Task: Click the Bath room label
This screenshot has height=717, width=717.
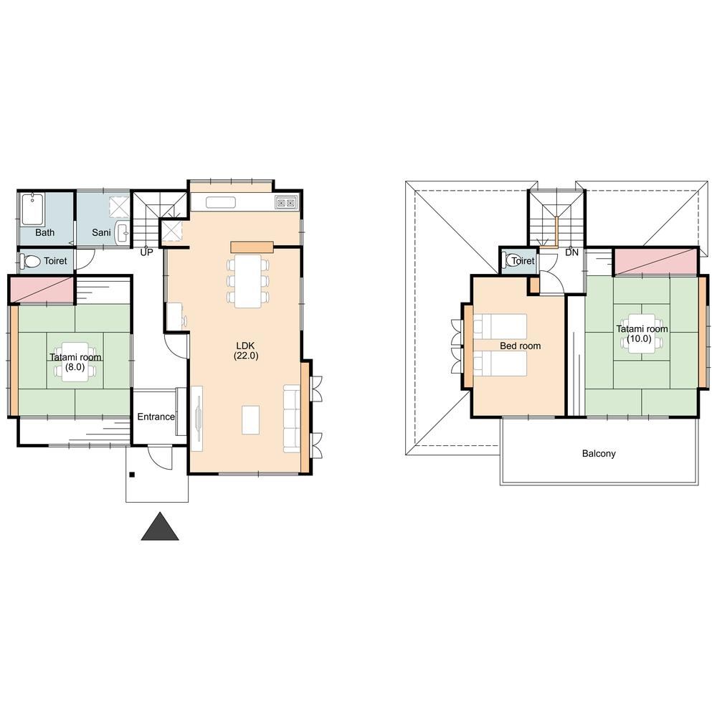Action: (44, 232)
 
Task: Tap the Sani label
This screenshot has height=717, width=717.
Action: (101, 232)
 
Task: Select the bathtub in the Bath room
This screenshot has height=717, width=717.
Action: (32, 209)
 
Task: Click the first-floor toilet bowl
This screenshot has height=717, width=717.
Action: (31, 262)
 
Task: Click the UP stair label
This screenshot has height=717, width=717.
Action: (146, 252)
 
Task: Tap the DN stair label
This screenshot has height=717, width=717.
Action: (571, 252)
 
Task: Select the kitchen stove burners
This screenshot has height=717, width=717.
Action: (287, 202)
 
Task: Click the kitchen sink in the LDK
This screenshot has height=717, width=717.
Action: (220, 202)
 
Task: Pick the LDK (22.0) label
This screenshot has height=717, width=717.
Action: (246, 351)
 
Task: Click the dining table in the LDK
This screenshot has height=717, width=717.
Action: (248, 281)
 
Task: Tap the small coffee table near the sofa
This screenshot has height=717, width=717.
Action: (250, 419)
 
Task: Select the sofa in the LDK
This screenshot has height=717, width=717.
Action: (292, 419)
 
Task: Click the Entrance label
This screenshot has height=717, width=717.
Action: (156, 417)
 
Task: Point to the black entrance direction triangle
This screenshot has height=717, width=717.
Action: (160, 527)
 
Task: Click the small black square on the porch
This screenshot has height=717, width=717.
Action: (132, 475)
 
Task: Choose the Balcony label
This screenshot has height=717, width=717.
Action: (599, 454)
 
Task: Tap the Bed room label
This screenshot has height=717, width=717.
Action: (520, 346)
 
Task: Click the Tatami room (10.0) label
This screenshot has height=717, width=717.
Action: (642, 333)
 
